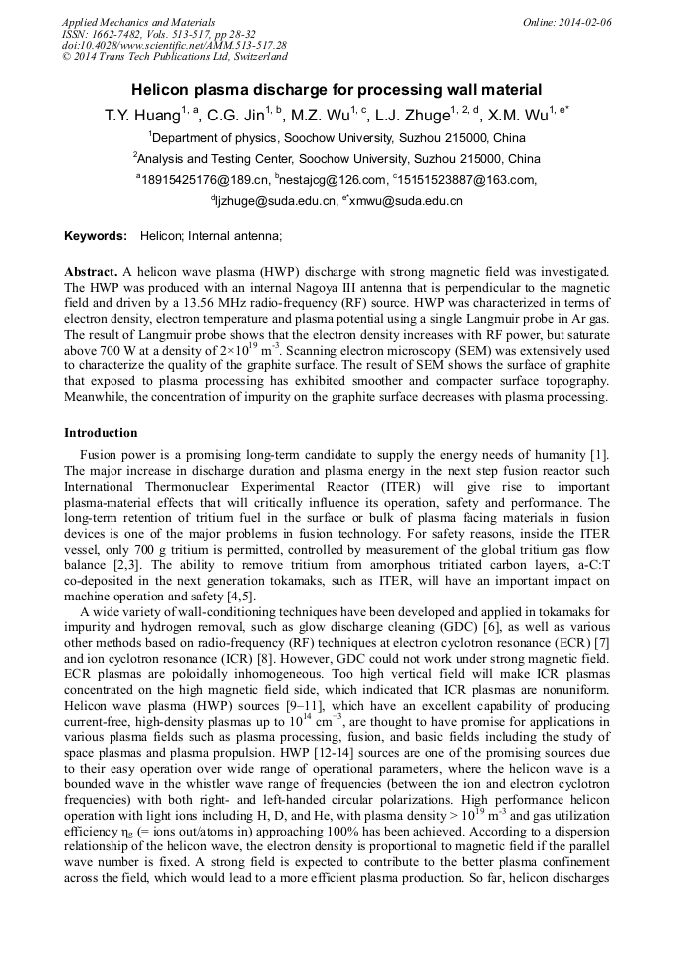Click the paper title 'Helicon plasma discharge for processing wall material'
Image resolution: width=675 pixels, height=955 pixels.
(x=337, y=89)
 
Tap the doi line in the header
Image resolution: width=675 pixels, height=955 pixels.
(x=173, y=45)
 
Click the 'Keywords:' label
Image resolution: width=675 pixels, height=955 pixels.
(x=96, y=236)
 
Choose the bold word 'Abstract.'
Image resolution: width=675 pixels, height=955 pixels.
(x=91, y=272)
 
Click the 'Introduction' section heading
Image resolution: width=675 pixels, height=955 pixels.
(x=101, y=433)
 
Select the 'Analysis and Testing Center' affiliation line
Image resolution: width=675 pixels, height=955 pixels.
(x=337, y=159)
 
